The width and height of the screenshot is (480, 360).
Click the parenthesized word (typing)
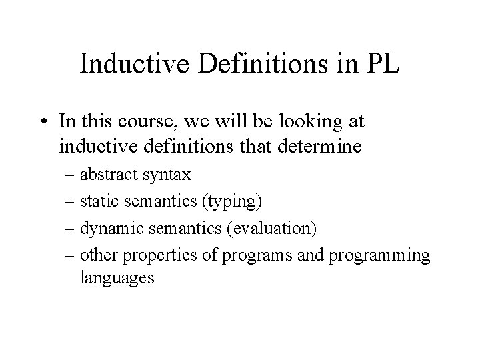[x=229, y=200]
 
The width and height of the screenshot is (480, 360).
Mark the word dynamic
[x=107, y=228]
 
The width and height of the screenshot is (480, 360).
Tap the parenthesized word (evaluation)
[x=271, y=228]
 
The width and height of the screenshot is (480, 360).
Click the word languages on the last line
[x=117, y=277]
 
